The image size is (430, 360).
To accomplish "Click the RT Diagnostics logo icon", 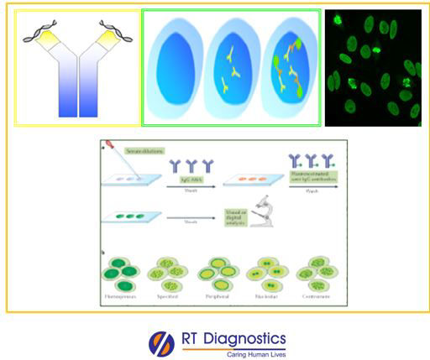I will (160, 343).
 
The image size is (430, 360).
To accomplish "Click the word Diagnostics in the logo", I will (243, 339).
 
